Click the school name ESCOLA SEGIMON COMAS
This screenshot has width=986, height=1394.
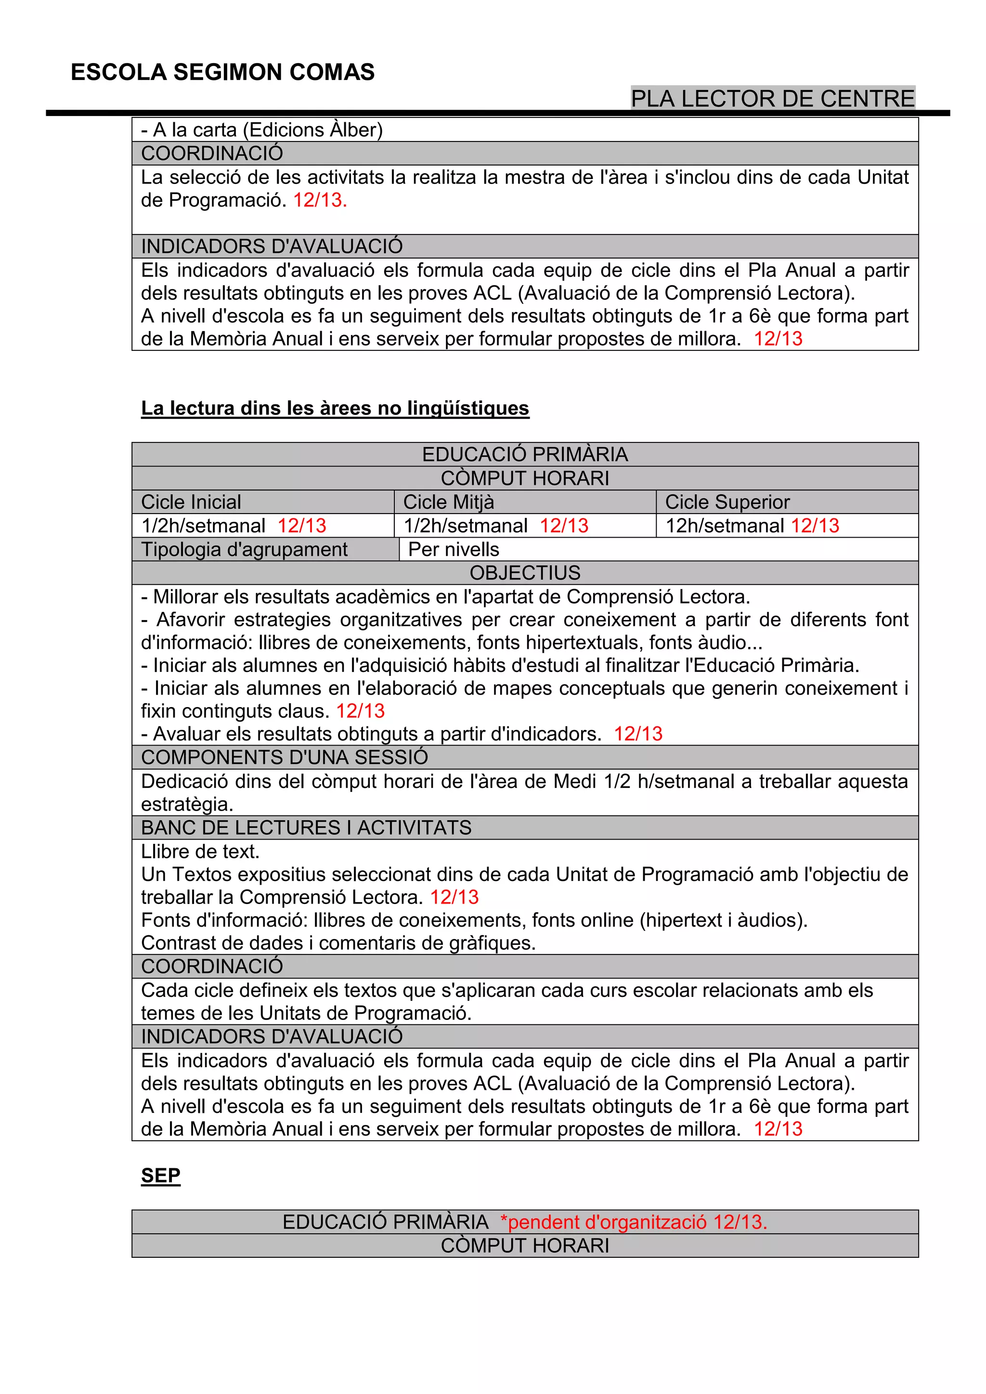[x=222, y=72]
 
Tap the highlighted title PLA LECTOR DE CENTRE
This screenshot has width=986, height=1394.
[x=772, y=98]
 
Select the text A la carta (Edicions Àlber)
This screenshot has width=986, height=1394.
[x=262, y=130]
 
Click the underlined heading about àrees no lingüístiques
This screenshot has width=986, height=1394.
[x=335, y=408]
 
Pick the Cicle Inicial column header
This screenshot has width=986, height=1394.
[x=191, y=502]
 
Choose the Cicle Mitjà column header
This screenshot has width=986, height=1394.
[x=449, y=502]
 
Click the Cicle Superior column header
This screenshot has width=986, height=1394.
[x=727, y=502]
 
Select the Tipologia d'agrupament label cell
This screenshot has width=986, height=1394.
[x=244, y=549]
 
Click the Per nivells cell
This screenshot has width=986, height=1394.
[x=454, y=549]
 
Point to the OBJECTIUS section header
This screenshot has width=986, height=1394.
[x=525, y=573]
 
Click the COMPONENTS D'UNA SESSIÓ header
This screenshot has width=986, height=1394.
[x=284, y=758]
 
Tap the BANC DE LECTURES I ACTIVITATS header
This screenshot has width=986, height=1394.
[x=306, y=828]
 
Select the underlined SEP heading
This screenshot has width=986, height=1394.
[x=160, y=1176]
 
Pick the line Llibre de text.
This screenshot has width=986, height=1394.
[x=200, y=852]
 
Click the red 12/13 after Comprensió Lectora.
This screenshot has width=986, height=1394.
[x=454, y=897]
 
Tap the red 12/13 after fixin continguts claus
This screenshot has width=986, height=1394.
[x=360, y=711]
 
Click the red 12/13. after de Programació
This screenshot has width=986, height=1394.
[x=320, y=200]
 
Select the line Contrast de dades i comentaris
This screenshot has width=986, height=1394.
[x=338, y=943]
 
